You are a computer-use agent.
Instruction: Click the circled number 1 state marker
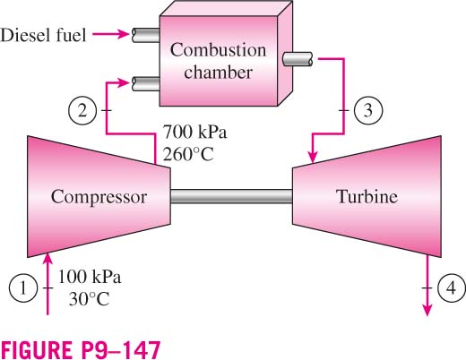23,288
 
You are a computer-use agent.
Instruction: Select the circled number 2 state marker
82,110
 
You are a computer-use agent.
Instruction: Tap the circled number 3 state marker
368,110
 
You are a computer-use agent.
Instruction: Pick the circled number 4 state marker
452,288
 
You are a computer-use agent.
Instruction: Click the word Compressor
99,197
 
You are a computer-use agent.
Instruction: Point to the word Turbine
367,196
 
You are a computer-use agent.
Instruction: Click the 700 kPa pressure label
194,132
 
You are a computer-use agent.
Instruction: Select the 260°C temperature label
188,154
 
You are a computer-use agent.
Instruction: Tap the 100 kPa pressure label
90,277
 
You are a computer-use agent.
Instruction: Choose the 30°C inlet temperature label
89,299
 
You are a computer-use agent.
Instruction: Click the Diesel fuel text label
43,35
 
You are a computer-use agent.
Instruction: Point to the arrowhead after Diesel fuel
123,34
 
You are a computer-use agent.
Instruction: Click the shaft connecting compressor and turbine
231,196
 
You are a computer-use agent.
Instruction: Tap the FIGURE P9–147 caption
81,349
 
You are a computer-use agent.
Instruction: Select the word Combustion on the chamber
218,50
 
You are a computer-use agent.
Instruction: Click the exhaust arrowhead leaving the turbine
427,310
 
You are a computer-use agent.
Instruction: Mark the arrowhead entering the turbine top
313,157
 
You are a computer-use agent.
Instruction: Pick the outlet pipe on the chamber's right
298,59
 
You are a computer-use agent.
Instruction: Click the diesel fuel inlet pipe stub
145,35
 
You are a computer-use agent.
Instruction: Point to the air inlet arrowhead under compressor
47,259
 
